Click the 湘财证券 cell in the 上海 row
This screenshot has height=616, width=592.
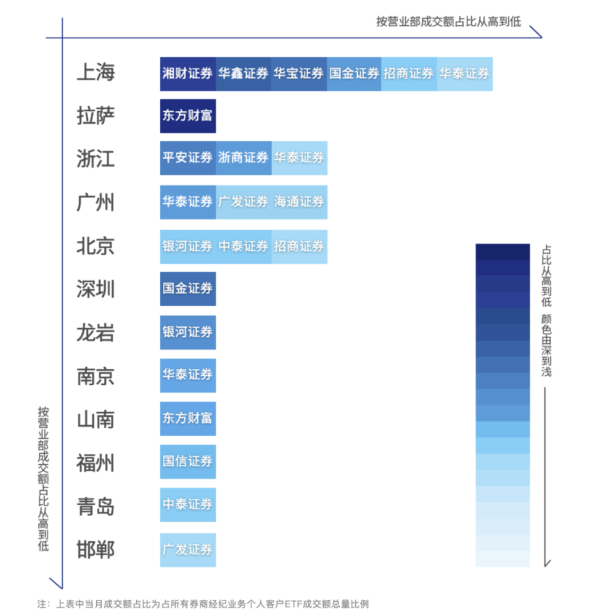click(x=187, y=73)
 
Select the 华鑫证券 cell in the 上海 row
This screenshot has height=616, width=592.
click(x=243, y=73)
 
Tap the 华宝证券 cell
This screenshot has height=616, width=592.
click(x=298, y=73)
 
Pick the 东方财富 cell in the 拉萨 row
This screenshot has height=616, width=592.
click(x=187, y=116)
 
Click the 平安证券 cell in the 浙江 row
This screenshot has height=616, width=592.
click(x=187, y=158)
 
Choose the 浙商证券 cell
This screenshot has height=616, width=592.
click(x=243, y=158)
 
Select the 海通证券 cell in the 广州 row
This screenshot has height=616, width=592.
click(x=299, y=202)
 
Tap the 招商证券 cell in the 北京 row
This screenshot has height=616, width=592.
click(x=299, y=246)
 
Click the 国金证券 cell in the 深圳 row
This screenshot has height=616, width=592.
click(x=187, y=289)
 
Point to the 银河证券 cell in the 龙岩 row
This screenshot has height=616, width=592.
click(x=187, y=332)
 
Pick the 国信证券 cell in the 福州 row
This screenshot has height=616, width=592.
click(x=187, y=462)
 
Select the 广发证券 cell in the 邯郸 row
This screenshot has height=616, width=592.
click(x=187, y=549)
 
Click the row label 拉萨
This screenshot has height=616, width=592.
click(x=96, y=116)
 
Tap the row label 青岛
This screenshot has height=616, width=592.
click(x=96, y=506)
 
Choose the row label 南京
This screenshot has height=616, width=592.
click(x=96, y=376)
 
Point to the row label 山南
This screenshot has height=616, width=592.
click(x=96, y=420)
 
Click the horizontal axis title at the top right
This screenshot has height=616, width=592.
click(x=448, y=22)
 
